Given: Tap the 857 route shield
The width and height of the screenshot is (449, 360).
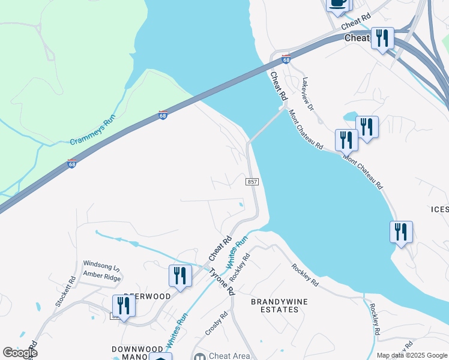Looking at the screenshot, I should tap(253, 181).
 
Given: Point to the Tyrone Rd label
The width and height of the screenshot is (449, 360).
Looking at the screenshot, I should tap(221, 280).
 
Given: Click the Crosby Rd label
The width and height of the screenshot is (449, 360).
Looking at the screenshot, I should tap(217, 323).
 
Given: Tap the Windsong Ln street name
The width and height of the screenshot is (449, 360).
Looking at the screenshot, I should tap(101, 264).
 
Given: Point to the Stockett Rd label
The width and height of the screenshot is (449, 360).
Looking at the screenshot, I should tap(65, 292).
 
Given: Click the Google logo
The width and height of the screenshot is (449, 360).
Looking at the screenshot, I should tap(19, 353).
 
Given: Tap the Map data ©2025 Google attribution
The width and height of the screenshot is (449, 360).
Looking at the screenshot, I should tap(412, 355).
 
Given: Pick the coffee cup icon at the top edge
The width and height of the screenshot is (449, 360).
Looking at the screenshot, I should tap(338, 4).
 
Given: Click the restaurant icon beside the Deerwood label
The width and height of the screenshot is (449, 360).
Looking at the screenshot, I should tap(124, 305).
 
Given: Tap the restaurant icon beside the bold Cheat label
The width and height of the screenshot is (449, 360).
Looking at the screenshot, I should tap(382, 38).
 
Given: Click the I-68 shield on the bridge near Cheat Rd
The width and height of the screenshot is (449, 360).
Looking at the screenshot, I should tap(286, 59).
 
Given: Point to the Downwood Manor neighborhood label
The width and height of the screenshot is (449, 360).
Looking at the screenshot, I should tap(138, 353).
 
